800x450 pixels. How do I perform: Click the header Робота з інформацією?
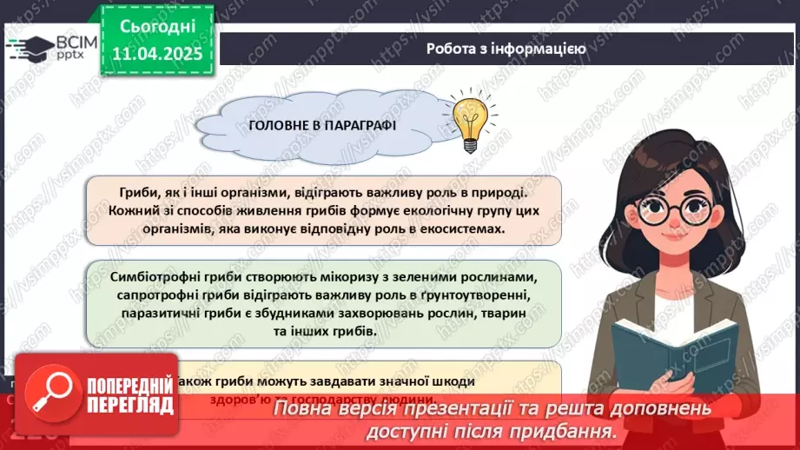click(506, 49)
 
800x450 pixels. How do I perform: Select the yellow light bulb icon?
click(468, 119)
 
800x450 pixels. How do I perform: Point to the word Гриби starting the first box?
click(139, 192)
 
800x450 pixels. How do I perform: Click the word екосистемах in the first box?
click(469, 228)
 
